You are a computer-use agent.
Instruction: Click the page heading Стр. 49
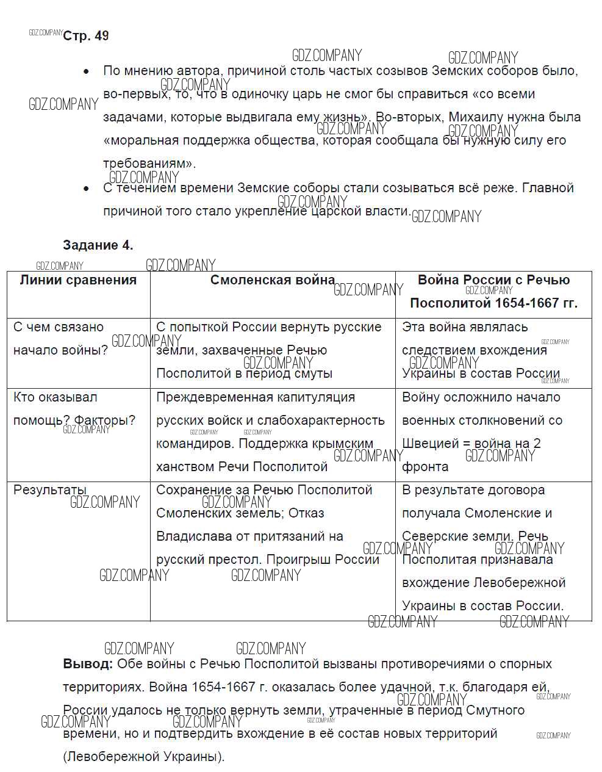click(86, 36)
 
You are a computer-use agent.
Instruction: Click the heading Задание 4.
click(98, 245)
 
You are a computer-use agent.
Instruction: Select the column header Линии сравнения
click(78, 280)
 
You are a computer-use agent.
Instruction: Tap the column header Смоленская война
click(272, 280)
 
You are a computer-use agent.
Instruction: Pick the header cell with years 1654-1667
click(493, 292)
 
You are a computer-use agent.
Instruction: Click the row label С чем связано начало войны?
click(60, 339)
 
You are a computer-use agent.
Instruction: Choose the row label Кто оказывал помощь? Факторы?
click(74, 409)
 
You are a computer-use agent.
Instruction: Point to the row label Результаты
click(50, 490)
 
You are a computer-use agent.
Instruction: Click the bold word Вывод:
click(88, 664)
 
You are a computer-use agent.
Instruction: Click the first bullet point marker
click(87, 71)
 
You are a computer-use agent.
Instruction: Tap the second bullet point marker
click(87, 189)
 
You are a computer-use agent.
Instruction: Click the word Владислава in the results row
click(188, 536)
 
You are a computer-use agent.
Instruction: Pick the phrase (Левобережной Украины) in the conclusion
click(144, 757)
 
